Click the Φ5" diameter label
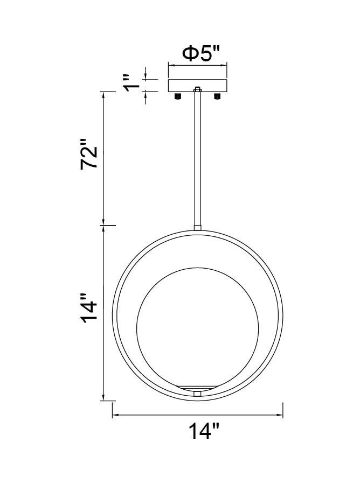(202, 54)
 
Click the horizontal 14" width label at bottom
(204, 432)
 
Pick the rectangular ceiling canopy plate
(198, 86)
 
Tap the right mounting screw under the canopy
(218, 96)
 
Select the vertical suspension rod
(198, 156)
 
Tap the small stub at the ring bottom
(198, 395)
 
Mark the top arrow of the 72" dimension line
(102, 93)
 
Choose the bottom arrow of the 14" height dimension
(102, 400)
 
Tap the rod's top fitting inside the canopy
(198, 89)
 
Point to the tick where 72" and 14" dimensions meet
(102, 225)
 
